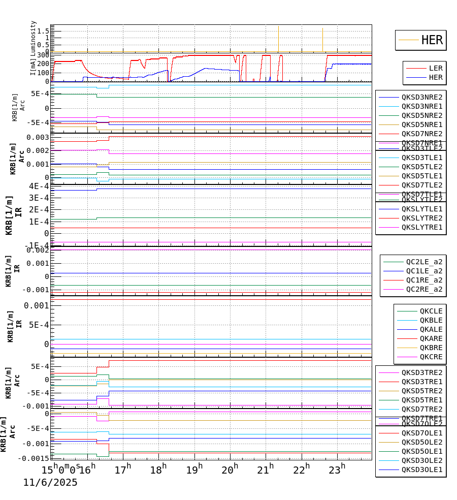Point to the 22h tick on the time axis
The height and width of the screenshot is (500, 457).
(x=301, y=469)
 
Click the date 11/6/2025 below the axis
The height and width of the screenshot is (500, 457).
(x=50, y=483)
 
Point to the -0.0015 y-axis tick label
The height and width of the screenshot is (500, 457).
(x=34, y=458)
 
